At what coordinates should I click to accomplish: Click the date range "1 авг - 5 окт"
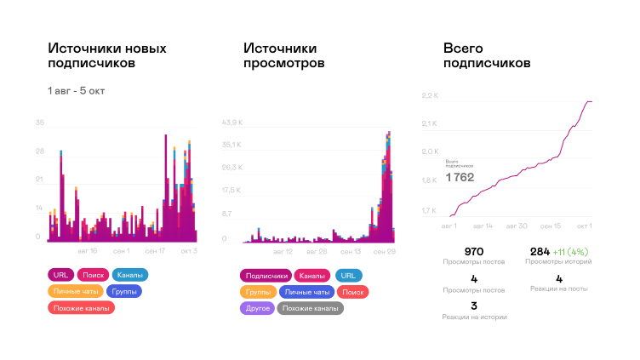point(76,90)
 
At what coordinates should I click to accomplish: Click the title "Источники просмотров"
point(283,56)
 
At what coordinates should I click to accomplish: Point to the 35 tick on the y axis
point(39,123)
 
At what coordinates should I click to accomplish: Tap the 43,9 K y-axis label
point(232,123)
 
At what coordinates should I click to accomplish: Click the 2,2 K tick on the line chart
point(429,95)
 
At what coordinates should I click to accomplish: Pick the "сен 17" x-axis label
point(155,251)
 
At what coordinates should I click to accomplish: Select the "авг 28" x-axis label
point(316,252)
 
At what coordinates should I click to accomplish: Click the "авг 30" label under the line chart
point(517,226)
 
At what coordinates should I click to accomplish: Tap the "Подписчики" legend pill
point(266,276)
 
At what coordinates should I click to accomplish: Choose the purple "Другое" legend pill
point(256,308)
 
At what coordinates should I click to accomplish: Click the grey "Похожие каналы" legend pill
point(311,308)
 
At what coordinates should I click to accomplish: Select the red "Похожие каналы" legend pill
point(82,308)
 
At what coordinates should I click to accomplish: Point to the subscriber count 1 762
point(460,178)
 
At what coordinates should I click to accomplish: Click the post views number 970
point(475,251)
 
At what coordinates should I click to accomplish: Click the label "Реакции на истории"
point(475,317)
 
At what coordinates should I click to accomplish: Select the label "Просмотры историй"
point(558,262)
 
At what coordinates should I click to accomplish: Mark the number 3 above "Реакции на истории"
point(475,306)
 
